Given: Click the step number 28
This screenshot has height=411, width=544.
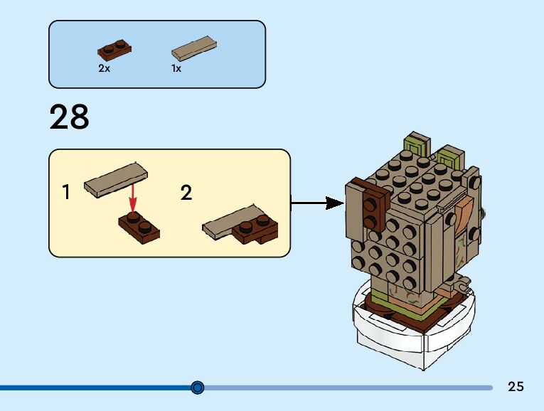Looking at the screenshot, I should [x=70, y=118].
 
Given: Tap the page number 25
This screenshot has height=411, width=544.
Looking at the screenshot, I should [x=516, y=387].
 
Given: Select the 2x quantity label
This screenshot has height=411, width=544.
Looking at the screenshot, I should [x=104, y=69].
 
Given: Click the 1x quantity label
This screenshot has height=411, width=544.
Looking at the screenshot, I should [x=176, y=69].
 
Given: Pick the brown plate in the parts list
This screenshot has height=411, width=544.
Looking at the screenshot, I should [x=114, y=50].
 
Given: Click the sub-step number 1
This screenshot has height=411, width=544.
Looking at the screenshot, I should [x=66, y=192].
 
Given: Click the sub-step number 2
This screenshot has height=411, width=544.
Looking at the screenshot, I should [x=186, y=193].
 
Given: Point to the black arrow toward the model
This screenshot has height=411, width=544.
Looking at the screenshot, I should [x=317, y=203].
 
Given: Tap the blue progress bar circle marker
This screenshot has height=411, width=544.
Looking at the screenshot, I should [x=198, y=388].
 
